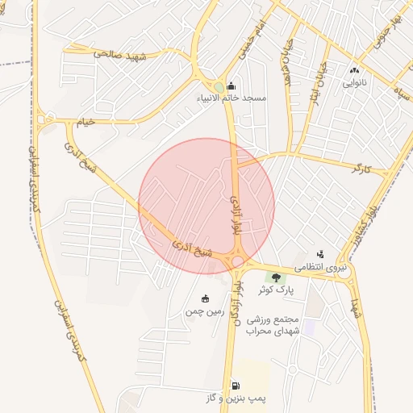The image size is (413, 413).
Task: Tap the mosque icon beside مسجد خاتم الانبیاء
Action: click(x=232, y=86)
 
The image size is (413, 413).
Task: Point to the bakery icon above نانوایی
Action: click(x=354, y=71)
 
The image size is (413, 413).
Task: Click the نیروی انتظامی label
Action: click(x=320, y=266)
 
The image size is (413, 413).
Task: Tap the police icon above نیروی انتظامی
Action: click(x=320, y=254)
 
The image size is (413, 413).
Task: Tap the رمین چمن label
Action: click(x=203, y=311)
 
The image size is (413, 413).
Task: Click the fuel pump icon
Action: click(x=236, y=386)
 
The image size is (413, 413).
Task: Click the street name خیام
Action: click(x=85, y=122)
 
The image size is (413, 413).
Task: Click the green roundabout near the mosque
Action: click(x=219, y=87)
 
